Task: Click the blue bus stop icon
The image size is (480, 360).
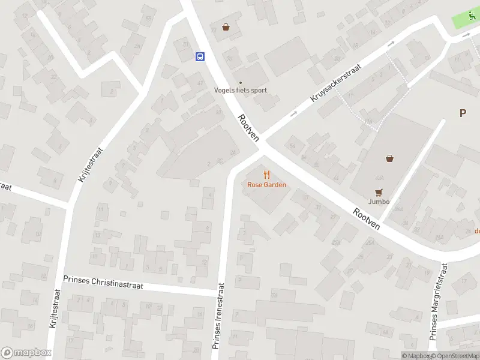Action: click(x=199, y=56)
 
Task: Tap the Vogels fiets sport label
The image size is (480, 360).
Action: click(x=241, y=91)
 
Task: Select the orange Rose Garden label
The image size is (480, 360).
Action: click(x=266, y=185)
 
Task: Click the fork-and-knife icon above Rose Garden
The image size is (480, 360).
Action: click(x=266, y=175)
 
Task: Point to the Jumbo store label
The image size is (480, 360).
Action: click(x=379, y=202)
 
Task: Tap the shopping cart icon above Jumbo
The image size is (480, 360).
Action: click(x=379, y=192)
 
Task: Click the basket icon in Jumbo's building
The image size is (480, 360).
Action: click(x=390, y=158)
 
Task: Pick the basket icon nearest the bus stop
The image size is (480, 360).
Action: click(x=226, y=26)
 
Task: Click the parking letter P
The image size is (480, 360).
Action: click(x=463, y=113)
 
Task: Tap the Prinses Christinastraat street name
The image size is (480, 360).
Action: click(x=103, y=283)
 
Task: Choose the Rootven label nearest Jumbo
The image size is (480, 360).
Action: click(x=366, y=218)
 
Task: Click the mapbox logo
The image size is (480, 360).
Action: click(x=25, y=353)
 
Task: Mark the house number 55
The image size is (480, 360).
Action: click(x=148, y=18)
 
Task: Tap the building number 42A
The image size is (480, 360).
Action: click(x=379, y=178)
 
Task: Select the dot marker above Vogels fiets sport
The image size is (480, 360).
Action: click(x=241, y=83)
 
